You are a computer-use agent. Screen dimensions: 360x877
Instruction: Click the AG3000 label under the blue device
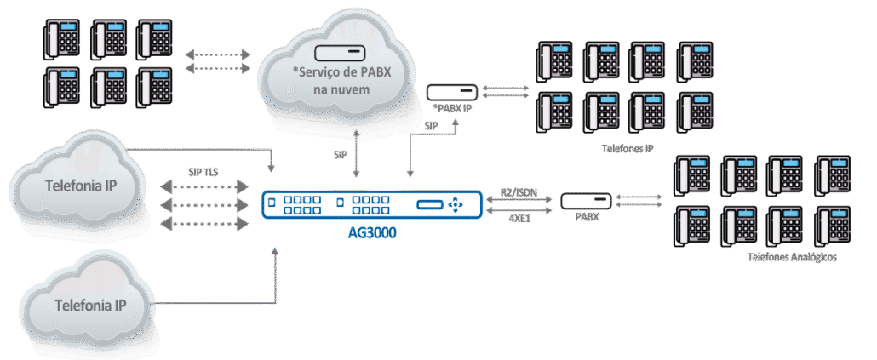click(x=372, y=231)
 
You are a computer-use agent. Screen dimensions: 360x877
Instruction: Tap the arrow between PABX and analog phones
click(x=638, y=199)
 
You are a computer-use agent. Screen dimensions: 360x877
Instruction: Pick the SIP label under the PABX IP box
click(x=432, y=126)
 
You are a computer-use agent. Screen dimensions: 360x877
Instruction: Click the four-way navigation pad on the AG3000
click(x=460, y=204)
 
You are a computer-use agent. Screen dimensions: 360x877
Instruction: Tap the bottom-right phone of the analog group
click(x=831, y=225)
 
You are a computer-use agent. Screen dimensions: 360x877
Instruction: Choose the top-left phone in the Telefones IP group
click(x=554, y=60)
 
